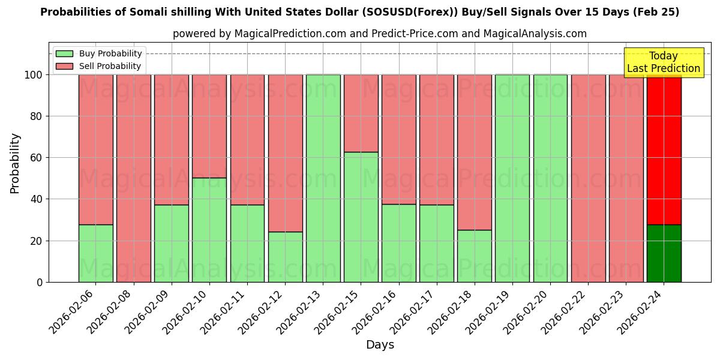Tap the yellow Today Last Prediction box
(x=663, y=62)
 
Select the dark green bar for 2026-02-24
(x=664, y=253)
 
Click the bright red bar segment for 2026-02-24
(x=664, y=149)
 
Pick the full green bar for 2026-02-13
(x=323, y=178)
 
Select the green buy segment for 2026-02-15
(x=361, y=217)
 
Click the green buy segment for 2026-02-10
(x=209, y=230)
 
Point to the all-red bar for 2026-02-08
(x=133, y=178)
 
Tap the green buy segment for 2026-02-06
(x=95, y=253)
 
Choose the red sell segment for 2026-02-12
(x=285, y=153)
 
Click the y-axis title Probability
(x=15, y=163)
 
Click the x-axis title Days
(x=380, y=345)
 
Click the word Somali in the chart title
(x=122, y=12)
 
